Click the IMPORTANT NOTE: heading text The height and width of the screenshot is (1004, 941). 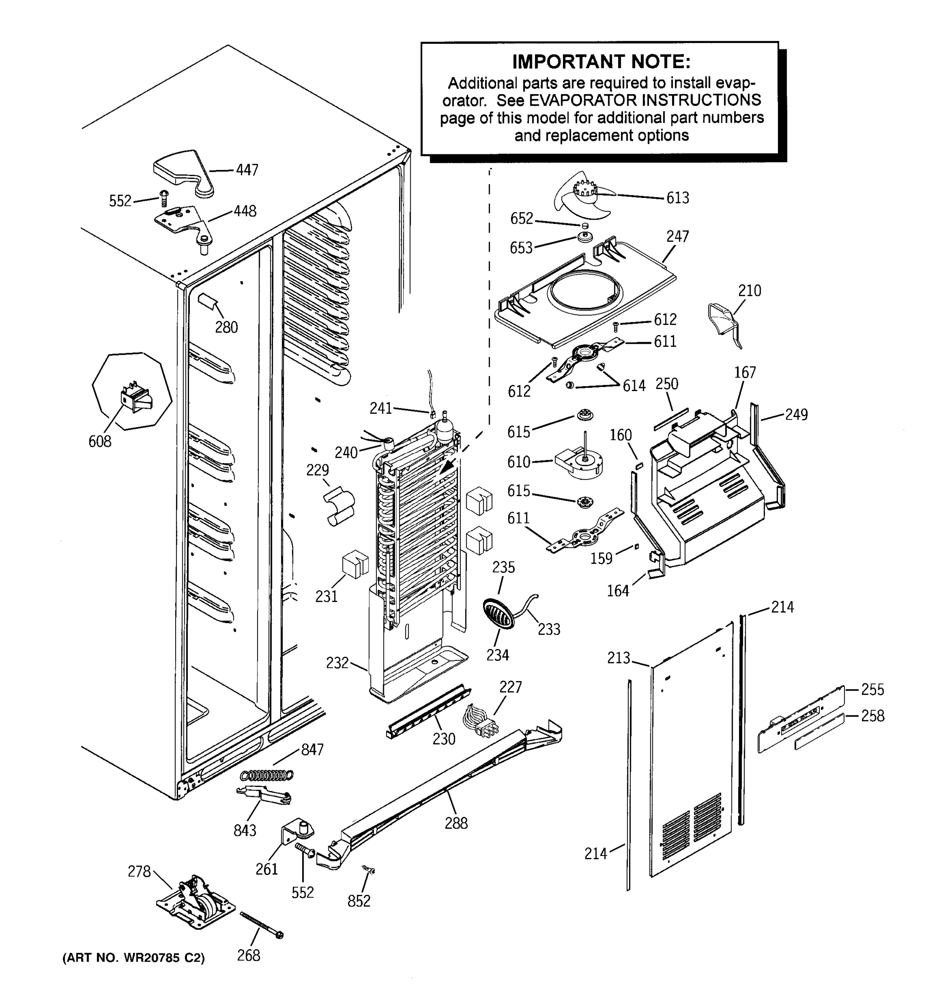pos(601,61)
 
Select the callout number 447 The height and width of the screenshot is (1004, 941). pos(247,170)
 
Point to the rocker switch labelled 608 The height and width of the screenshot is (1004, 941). pos(135,399)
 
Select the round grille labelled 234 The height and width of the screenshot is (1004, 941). pos(499,614)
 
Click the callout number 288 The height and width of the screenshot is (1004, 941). pos(456,823)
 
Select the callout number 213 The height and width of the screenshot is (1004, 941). pos(619,658)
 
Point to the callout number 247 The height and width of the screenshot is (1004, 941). pos(677,236)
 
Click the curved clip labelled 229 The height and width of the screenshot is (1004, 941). pos(339,505)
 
